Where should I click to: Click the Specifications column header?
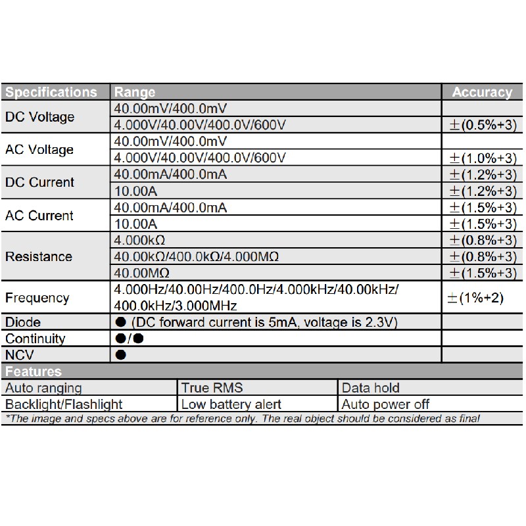pos(51,92)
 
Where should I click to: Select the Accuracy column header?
pos(482,92)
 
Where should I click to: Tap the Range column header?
pos(135,92)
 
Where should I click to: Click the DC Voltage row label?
pos(39,117)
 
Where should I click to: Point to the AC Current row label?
pos(39,216)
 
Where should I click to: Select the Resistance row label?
pos(39,256)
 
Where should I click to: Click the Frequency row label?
pos(37,298)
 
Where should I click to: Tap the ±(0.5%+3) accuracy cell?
pos(482,125)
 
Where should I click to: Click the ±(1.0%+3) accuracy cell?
pos(482,158)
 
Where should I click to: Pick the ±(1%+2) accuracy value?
pos(475,298)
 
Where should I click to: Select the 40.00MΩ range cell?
pos(142,273)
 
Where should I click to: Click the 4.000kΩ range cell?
pos(139,240)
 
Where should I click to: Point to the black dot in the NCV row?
pos(120,355)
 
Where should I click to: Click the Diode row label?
pos(23,322)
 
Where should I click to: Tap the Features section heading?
pos(34,371)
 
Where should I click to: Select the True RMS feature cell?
pos(212,388)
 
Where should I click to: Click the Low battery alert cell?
pos(231,404)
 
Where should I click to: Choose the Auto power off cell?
pos(386,404)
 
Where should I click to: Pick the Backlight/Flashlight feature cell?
pos(64,404)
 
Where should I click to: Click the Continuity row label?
pos(36,339)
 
